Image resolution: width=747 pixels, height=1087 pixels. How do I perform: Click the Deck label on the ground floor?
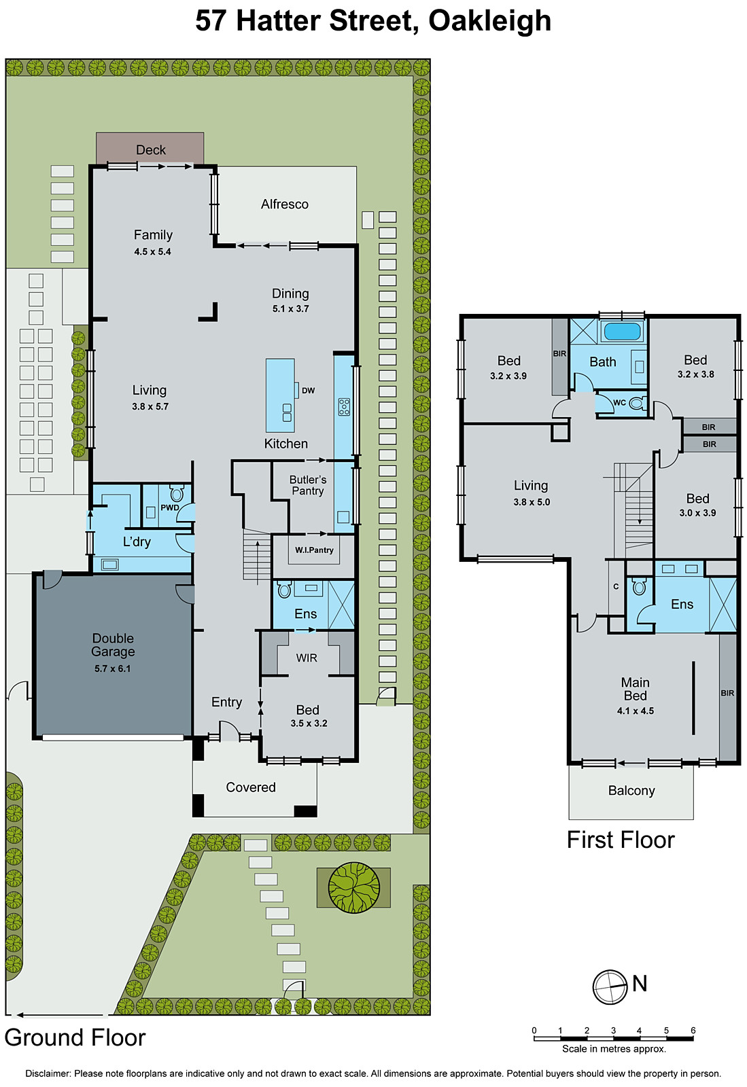[x=150, y=149]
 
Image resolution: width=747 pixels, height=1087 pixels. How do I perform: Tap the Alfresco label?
[x=284, y=204]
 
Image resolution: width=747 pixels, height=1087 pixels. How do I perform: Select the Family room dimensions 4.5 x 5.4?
[x=152, y=251]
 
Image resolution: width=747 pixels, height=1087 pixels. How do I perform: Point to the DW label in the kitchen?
[x=308, y=391]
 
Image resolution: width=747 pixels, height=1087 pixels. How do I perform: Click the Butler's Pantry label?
[x=308, y=485]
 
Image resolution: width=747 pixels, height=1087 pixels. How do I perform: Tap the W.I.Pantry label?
[x=314, y=550]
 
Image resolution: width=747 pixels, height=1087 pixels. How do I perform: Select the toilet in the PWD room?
[x=177, y=493]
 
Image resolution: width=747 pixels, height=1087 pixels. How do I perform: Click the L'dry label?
[x=137, y=541]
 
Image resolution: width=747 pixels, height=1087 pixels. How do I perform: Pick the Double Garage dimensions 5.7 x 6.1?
[x=113, y=669]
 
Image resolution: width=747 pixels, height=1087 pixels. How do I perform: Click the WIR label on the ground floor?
[x=307, y=658]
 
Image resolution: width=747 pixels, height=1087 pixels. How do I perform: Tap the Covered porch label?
[x=251, y=787]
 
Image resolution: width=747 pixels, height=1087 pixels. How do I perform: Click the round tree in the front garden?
[x=353, y=887]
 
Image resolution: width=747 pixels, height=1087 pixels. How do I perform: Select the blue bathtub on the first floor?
[x=622, y=332]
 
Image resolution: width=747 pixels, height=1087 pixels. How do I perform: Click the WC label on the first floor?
[x=619, y=402]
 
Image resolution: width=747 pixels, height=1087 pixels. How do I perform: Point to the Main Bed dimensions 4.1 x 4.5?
[x=635, y=711]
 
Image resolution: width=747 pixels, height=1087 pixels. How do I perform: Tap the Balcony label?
[x=631, y=791]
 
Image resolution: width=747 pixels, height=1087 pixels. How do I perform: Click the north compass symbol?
[x=610, y=986]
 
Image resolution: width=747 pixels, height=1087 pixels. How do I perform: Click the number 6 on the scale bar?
[x=693, y=1030]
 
